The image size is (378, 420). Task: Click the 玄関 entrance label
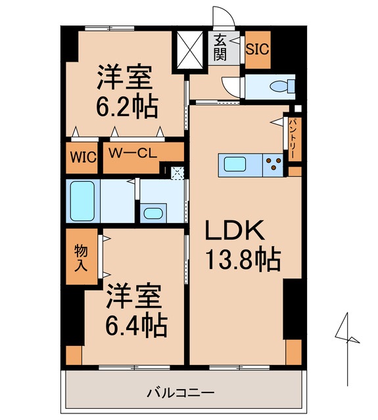[220, 47]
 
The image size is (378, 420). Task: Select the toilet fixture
[280, 85]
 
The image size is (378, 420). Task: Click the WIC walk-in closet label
[83, 157]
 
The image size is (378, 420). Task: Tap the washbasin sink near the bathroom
[153, 213]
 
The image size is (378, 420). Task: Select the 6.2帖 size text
[125, 106]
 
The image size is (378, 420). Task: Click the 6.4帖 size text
[135, 324]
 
